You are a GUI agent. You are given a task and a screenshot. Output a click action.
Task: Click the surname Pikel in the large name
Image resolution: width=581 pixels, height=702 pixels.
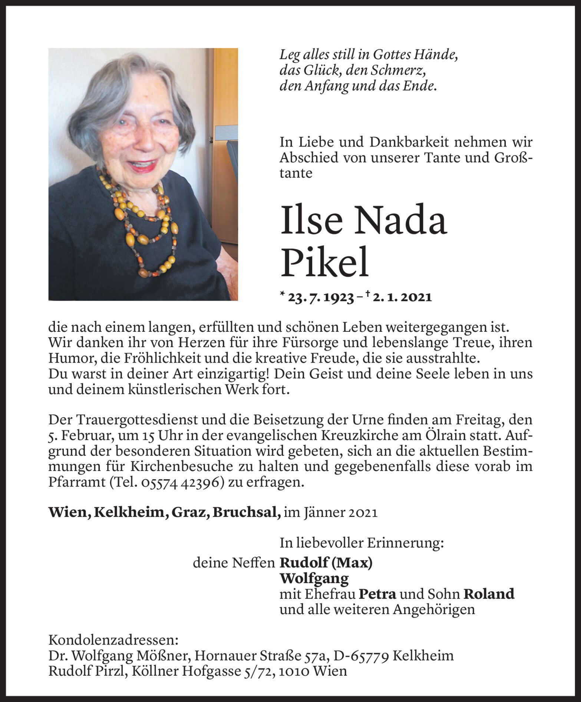(325, 262)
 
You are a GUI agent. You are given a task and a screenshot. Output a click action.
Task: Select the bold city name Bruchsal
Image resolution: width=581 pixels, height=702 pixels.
(246, 512)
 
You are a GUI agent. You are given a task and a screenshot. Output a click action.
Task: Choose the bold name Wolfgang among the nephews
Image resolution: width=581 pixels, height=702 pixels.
(314, 578)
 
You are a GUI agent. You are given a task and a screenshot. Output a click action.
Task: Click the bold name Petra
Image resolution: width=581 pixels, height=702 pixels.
(377, 594)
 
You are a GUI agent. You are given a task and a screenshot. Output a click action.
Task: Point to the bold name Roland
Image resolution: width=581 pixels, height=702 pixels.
(489, 594)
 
